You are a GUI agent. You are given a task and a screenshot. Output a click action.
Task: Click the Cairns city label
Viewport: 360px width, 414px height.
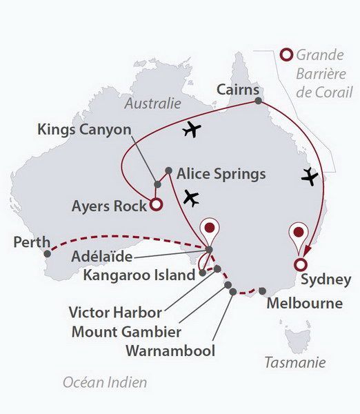click(x=238, y=90)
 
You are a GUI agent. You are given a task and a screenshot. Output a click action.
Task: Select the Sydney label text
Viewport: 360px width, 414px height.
click(x=326, y=280)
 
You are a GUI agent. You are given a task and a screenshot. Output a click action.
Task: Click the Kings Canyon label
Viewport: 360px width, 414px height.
click(x=85, y=129)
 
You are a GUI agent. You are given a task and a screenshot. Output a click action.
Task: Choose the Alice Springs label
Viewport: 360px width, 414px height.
click(x=221, y=173)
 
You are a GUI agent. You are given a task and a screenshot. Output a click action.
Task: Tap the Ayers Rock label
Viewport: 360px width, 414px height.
click(x=110, y=206)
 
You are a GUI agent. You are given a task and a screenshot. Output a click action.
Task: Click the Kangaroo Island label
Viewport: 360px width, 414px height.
click(x=139, y=276)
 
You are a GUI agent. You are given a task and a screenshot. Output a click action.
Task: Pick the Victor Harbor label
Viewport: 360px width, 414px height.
click(x=115, y=311)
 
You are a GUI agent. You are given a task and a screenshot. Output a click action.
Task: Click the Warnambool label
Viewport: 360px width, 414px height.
click(x=170, y=351)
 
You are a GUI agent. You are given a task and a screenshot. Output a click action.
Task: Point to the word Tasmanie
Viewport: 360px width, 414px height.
click(x=296, y=362)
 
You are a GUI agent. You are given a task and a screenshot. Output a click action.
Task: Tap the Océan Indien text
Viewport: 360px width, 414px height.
click(x=104, y=382)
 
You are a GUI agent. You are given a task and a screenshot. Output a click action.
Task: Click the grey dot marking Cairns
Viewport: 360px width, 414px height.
click(x=258, y=101)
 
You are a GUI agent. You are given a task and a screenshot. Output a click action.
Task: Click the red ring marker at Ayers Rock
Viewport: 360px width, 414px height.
click(x=157, y=204)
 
